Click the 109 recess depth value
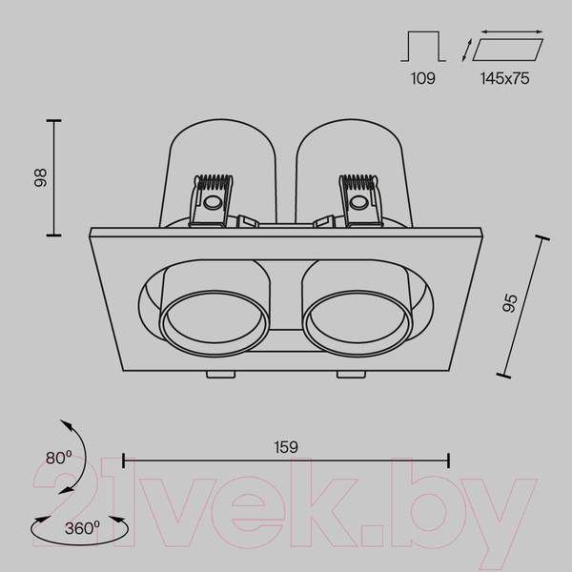click(422, 78)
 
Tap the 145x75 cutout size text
click(504, 78)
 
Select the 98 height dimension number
click(40, 178)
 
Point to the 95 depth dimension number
click(510, 303)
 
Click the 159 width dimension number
click(286, 447)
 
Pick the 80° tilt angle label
click(59, 458)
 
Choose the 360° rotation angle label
click(82, 528)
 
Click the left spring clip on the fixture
click(212, 200)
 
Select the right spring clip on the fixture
click(360, 200)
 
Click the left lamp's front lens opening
click(214, 322)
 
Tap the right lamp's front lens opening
click(357, 322)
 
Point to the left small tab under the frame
click(221, 375)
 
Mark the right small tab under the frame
click(351, 375)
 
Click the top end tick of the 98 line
click(54, 120)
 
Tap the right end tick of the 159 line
click(448, 460)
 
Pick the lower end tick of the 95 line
click(503, 376)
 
